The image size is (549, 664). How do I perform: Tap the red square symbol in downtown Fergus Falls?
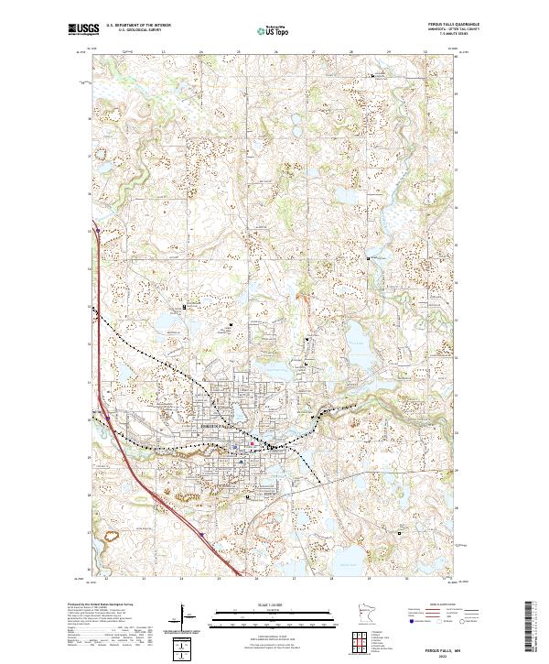pyautogui.click(x=253, y=445)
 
